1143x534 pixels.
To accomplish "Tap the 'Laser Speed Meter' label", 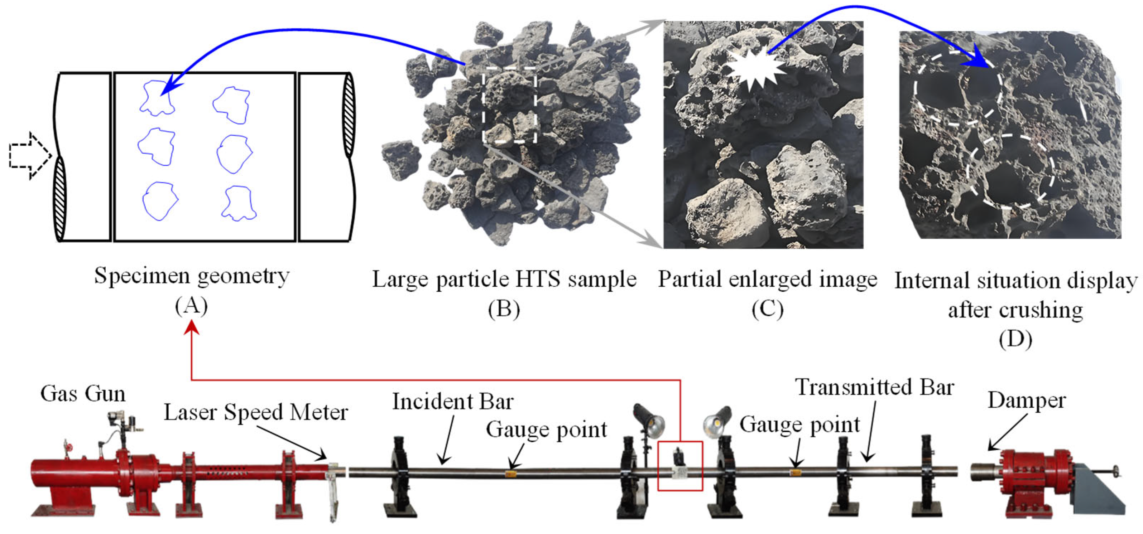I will (256, 412).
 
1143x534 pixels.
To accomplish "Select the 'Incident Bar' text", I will (453, 401).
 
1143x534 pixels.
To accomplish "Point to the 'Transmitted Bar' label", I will (874, 387).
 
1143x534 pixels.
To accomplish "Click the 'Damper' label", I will (1026, 400).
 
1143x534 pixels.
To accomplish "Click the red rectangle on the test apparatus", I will (680, 466).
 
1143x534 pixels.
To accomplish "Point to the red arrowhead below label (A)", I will (192, 328).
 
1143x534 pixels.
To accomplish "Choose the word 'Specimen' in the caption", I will (142, 276).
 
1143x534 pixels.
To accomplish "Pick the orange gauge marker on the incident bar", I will (511, 474).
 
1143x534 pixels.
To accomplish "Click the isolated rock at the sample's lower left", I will (401, 159).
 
